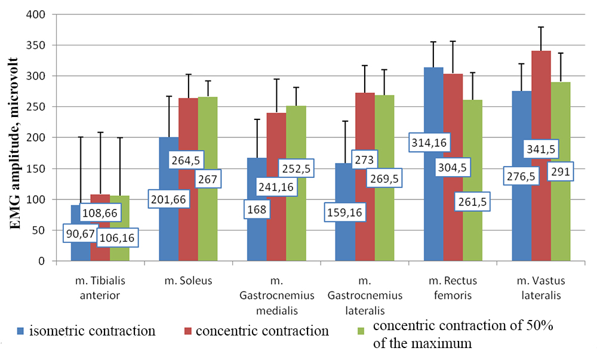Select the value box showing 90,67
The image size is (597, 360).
80,233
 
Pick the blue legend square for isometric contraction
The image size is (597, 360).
20,330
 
